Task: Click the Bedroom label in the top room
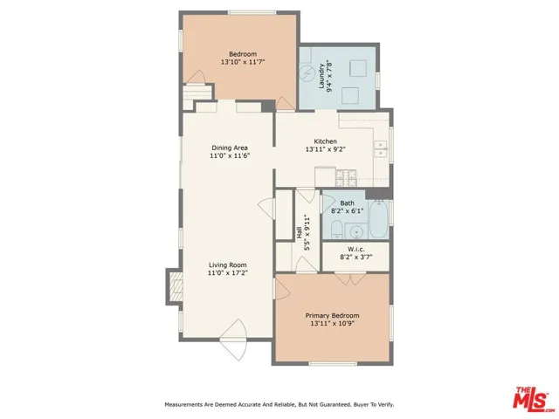pos(243,54)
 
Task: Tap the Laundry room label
pos(321,76)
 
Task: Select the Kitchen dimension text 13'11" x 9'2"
pos(326,149)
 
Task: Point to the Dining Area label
pos(230,148)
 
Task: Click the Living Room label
pos(228,264)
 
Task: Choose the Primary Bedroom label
pos(332,315)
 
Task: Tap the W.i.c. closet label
pos(355,249)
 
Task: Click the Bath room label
pos(347,203)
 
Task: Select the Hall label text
pos(299,233)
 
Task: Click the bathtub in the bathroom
pos(378,220)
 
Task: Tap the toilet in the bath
pos(337,230)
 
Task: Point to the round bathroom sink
pos(355,233)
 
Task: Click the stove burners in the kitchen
pos(346,178)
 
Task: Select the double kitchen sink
pos(381,149)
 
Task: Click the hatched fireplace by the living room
pos(176,286)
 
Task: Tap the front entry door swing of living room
pos(234,340)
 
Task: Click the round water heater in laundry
pos(306,73)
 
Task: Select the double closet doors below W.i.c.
pos(350,278)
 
